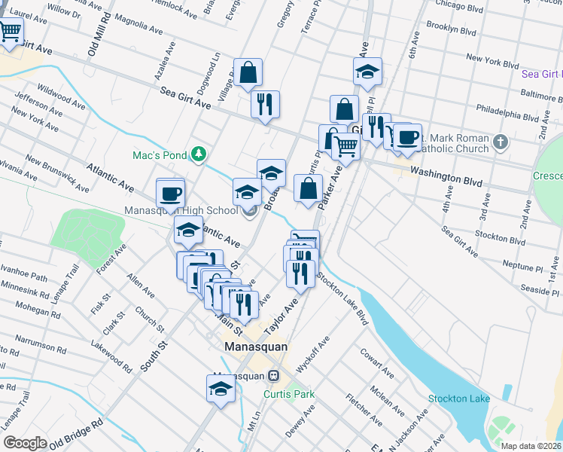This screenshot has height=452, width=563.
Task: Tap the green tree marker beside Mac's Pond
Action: pos(198,154)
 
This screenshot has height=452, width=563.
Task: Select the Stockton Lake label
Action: pos(458,399)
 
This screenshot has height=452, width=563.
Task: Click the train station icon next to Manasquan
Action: pos(274,375)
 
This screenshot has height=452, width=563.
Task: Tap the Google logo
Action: pos(25,443)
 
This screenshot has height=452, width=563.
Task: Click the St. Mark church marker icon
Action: pos(501,142)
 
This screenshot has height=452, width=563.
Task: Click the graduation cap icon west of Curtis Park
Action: pos(220,389)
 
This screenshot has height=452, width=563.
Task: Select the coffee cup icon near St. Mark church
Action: pos(408,137)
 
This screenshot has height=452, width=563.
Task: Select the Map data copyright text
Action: pos(531,445)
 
